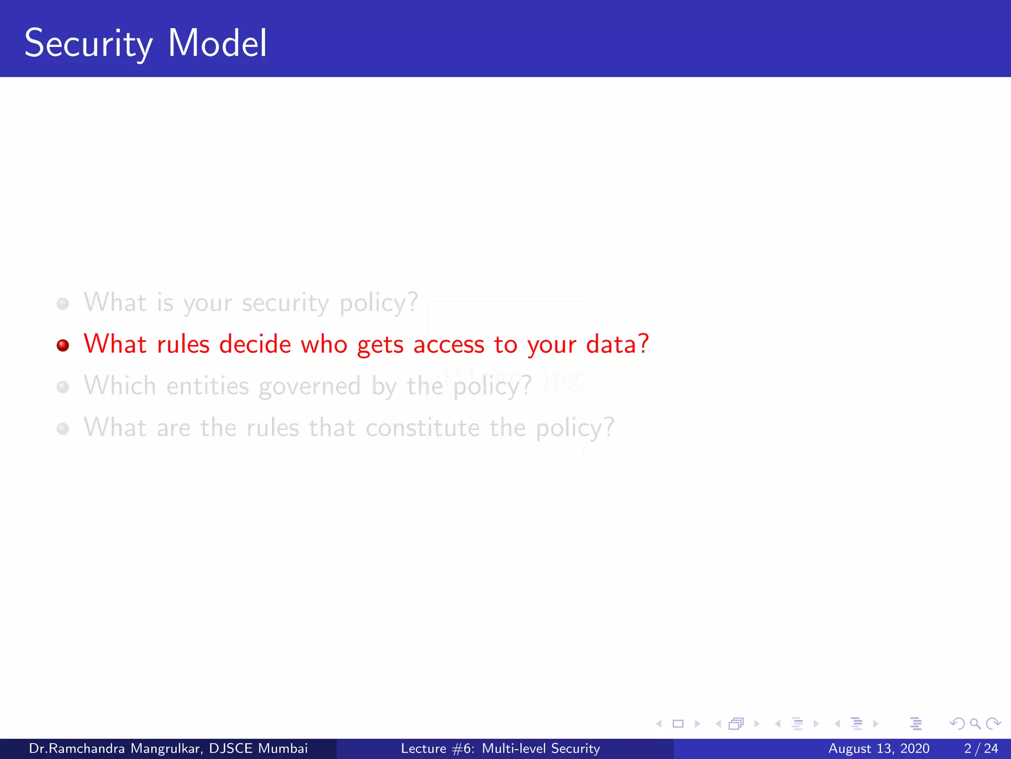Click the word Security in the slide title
88,43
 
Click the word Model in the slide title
217,43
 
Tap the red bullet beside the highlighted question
63,345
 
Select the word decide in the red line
255,344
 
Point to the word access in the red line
449,345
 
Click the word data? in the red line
618,344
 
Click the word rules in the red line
183,344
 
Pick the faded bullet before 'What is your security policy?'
63,303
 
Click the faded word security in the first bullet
285,303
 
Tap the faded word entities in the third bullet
208,386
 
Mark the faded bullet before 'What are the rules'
63,428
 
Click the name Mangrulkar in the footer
166,749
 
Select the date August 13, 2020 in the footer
879,749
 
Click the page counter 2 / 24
981,749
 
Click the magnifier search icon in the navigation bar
975,724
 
